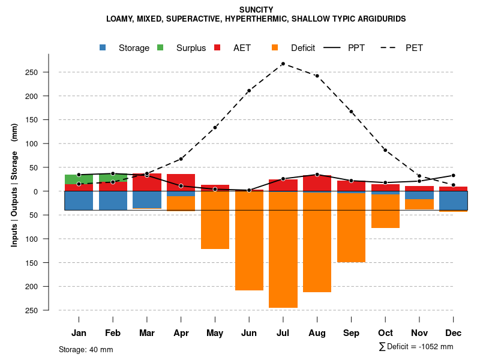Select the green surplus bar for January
tap(79, 179)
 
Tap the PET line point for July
tap(283, 64)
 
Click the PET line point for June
tap(249, 91)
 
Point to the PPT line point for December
tap(454, 176)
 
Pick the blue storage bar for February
tap(113, 200)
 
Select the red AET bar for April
tap(181, 182)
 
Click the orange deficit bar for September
tap(351, 228)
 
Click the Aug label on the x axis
tap(317, 333)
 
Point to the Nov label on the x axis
tap(419, 333)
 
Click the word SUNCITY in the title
tap(256, 10)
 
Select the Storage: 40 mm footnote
tap(86, 349)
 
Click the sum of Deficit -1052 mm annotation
tap(416, 347)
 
